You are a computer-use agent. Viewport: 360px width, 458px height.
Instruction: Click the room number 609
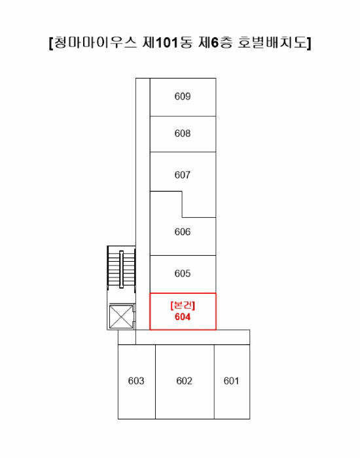pos(183,96)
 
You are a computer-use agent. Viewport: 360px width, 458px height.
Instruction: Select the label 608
pos(183,133)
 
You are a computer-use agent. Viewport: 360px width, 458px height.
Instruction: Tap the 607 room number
pos(183,175)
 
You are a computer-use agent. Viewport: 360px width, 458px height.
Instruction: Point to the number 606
pos(183,232)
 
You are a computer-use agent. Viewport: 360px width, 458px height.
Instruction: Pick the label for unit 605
pos(183,273)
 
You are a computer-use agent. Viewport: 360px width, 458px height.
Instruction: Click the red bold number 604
pos(183,317)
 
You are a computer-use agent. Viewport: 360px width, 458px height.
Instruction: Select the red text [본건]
pos(183,306)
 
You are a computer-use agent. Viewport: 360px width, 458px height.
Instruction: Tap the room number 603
pos(136,381)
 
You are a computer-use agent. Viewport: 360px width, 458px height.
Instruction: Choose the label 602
pos(185,381)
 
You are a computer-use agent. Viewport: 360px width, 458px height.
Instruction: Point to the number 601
pos(232,381)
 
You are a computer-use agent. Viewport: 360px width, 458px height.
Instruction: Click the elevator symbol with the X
pos(121,317)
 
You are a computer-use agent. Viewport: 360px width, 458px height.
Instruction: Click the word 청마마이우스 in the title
pos(96,43)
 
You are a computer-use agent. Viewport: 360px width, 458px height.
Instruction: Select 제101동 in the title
pos(168,43)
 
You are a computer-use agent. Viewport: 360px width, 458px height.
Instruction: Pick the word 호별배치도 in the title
pos(273,43)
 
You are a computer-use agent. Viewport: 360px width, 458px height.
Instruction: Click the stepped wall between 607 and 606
pos(182,204)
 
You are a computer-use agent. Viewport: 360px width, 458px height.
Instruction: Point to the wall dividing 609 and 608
pos(183,116)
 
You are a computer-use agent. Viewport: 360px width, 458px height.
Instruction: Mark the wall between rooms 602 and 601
pos(214,381)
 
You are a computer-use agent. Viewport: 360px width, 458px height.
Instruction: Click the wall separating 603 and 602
pos(155,381)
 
